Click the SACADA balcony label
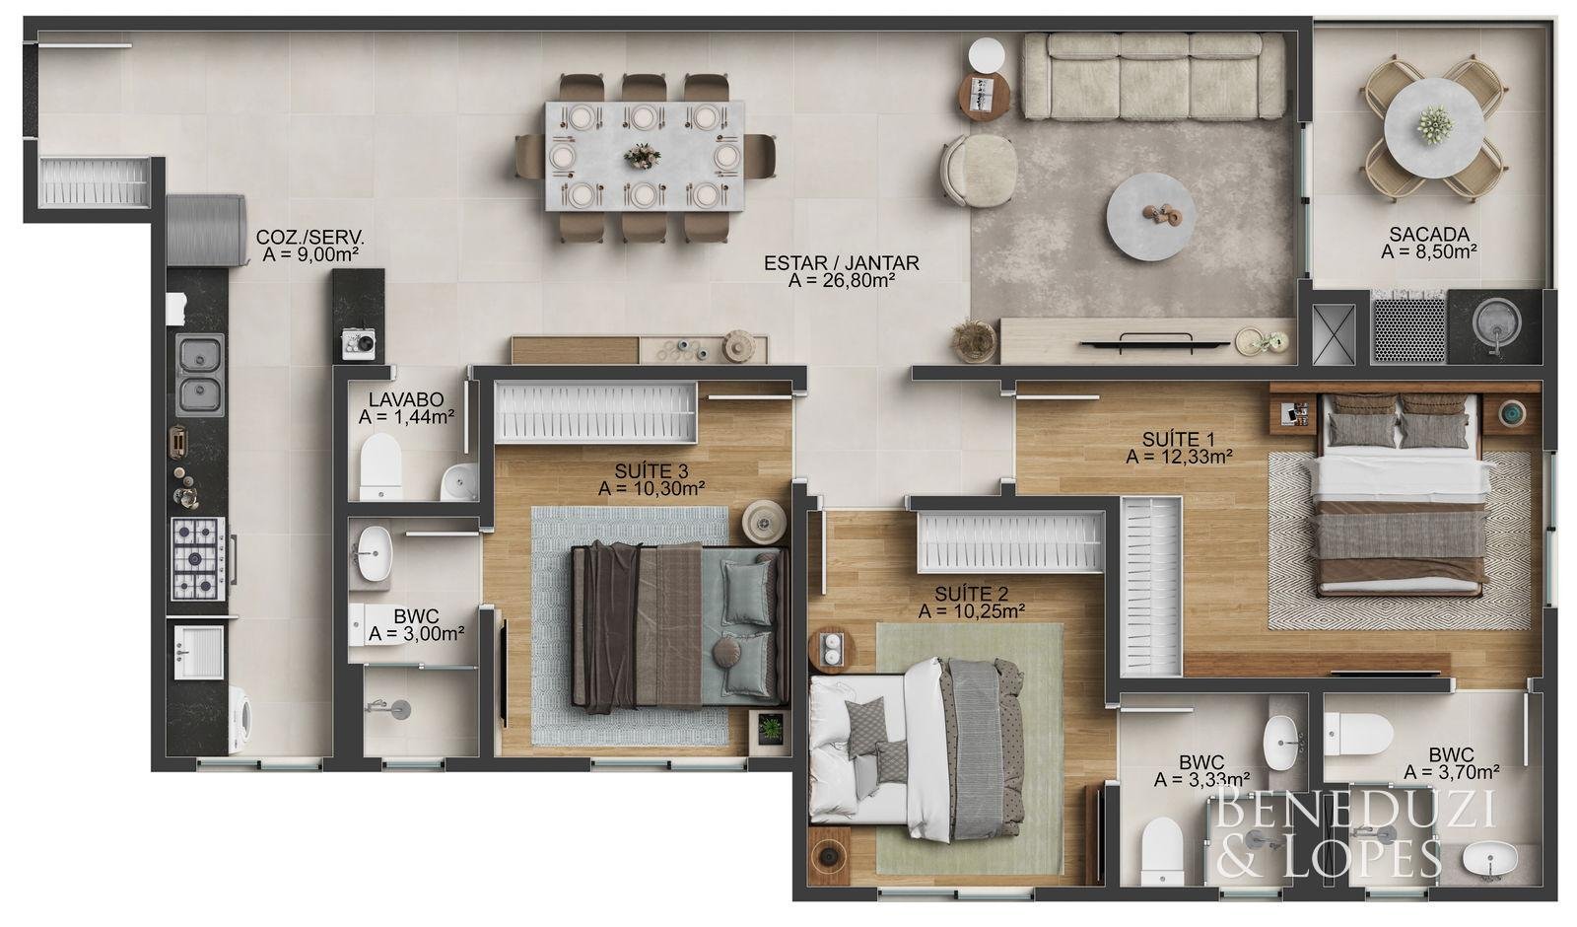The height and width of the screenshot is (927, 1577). click(1428, 234)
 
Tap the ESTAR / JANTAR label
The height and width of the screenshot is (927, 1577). click(842, 262)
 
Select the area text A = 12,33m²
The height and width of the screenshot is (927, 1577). click(1179, 458)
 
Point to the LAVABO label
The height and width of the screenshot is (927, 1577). click(406, 399)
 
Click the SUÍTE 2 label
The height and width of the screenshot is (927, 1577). click(971, 594)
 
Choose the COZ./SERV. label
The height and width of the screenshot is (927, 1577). click(309, 237)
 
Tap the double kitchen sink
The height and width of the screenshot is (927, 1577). click(200, 375)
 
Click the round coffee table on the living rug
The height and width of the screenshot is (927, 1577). click(1150, 217)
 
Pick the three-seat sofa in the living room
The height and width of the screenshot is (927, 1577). click(1154, 76)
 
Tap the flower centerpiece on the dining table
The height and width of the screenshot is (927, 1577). click(642, 156)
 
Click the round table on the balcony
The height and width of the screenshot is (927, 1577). click(1434, 128)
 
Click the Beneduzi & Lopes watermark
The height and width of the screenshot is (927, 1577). click(1354, 832)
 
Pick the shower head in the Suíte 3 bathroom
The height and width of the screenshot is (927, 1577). click(394, 708)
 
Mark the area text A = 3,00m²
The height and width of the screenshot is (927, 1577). click(416, 634)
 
